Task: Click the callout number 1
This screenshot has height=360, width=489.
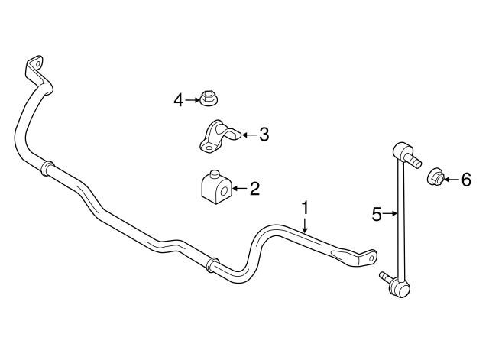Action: (306, 209)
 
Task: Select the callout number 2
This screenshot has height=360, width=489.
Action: (254, 189)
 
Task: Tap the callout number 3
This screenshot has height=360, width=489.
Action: (264, 135)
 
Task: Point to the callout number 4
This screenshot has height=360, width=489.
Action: (178, 100)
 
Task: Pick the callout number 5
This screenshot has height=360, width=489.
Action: (377, 214)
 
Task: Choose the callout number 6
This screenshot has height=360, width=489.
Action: (466, 180)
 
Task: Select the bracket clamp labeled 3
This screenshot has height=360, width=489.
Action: (219, 137)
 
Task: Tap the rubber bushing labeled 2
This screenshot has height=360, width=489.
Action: (215, 187)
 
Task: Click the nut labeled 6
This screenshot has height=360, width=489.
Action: (436, 177)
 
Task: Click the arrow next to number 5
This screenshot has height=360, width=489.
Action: (390, 214)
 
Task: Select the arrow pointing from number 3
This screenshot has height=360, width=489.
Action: (250, 135)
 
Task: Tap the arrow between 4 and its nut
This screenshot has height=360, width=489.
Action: (192, 100)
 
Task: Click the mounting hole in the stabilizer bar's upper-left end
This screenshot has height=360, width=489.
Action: (38, 64)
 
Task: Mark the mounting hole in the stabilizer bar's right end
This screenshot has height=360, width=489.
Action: (371, 258)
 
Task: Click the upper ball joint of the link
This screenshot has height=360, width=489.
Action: (400, 150)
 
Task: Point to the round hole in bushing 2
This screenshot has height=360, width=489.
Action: (224, 191)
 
